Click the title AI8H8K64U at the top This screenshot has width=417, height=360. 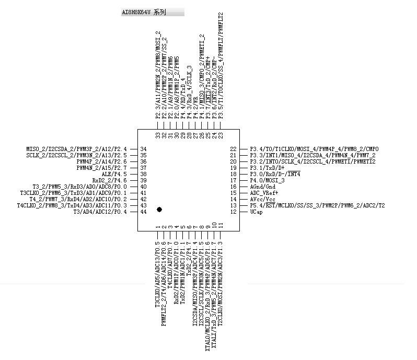[144, 12]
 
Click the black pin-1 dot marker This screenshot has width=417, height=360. [159, 209]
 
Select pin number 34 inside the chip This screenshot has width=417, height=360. [143, 149]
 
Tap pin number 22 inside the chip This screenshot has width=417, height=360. [234, 149]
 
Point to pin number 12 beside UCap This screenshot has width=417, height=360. [234, 212]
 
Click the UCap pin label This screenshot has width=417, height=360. [256, 212]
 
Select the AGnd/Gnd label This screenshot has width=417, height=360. [262, 187]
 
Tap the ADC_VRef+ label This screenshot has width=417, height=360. [264, 193]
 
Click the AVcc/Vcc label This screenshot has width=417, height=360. [262, 199]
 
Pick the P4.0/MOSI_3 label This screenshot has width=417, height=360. [267, 180]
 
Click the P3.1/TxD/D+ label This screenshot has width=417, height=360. [267, 168]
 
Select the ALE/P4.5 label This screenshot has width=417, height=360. [114, 174]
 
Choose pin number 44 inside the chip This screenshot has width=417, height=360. [143, 212]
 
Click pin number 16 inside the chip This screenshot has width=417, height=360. [234, 187]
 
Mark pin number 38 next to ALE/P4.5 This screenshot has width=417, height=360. [143, 174]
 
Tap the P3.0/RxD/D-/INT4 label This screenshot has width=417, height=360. [275, 174]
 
